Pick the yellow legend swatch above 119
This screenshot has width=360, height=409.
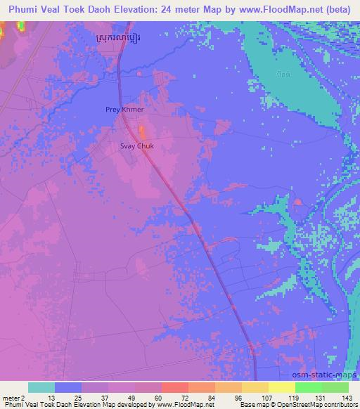tap(282, 387)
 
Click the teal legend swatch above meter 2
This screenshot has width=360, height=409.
tap(41, 387)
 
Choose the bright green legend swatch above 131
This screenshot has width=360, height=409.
tap(309, 387)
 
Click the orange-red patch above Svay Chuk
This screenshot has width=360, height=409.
tap(142, 131)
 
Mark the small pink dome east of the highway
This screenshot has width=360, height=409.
tap(298, 203)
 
